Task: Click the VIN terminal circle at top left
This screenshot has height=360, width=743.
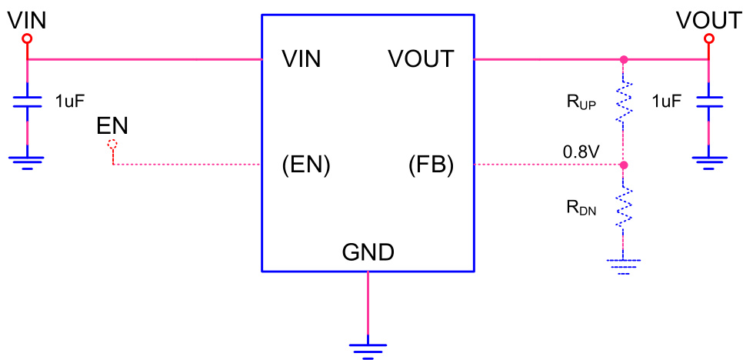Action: tap(28, 38)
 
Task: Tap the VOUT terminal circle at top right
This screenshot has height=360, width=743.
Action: tap(709, 38)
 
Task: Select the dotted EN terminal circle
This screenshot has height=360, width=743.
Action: tap(113, 144)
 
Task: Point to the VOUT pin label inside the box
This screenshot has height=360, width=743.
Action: tap(421, 59)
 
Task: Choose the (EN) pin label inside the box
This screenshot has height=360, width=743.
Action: tap(306, 165)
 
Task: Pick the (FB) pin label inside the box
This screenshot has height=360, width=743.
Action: tap(431, 165)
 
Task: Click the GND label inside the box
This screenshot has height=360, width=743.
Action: tap(368, 252)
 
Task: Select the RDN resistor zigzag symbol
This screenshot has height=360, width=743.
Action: tap(623, 205)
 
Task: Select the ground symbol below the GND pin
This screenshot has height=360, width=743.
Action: tap(368, 348)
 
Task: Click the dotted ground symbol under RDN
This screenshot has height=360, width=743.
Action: tap(623, 265)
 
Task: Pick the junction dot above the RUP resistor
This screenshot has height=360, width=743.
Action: tap(623, 59)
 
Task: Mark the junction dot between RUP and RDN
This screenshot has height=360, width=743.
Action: tap(623, 165)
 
